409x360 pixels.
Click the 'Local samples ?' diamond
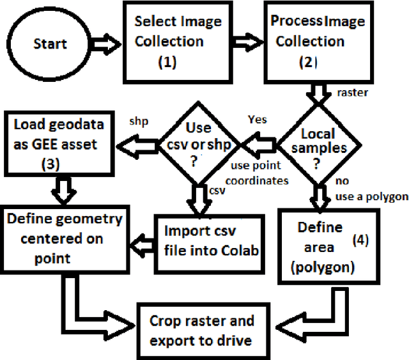[x=318, y=145]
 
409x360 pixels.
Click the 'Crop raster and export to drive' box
[x=201, y=330]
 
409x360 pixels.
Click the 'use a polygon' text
[x=372, y=196]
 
